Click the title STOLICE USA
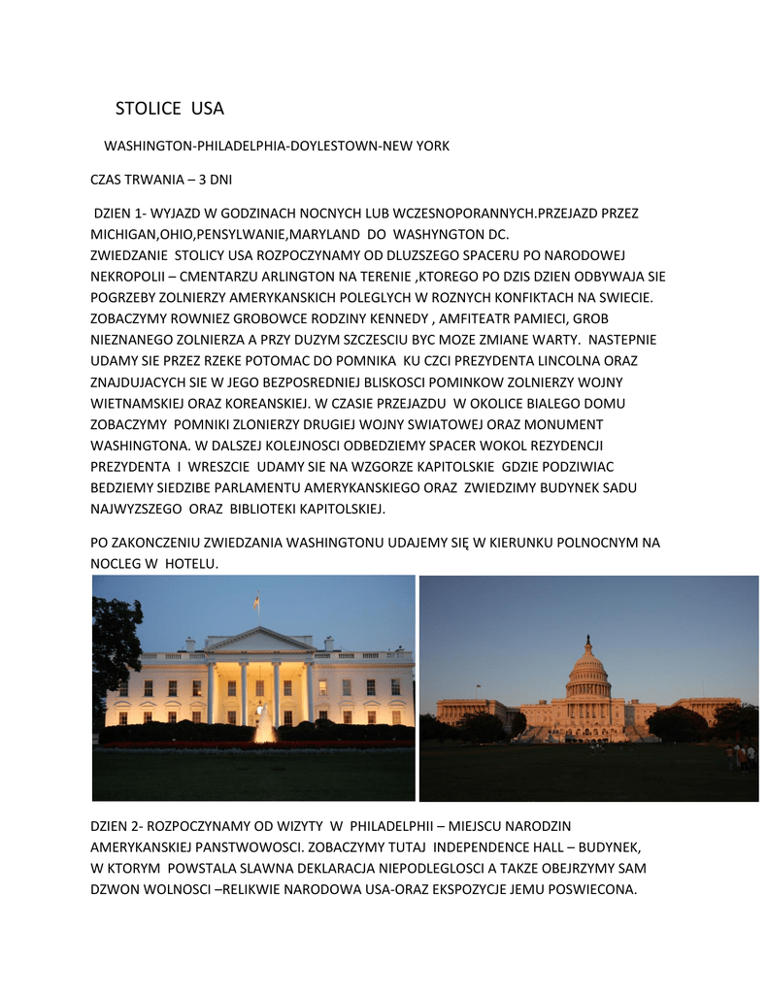coord(169,108)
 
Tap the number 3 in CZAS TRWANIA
coord(202,180)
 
